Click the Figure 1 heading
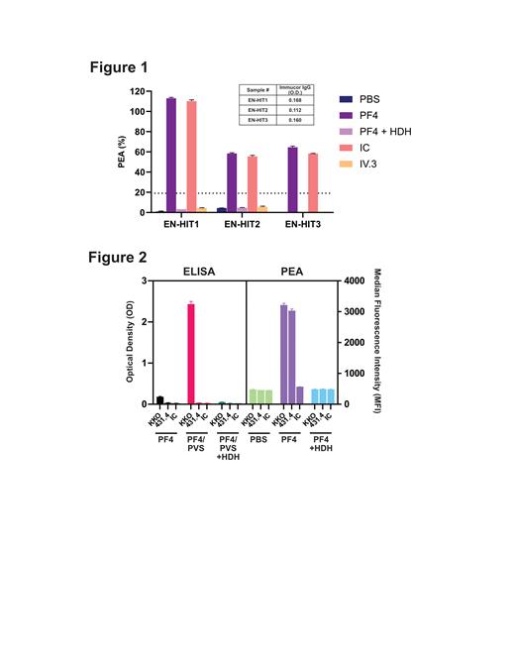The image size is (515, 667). coord(119,68)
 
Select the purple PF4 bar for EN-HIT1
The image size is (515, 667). coord(171,155)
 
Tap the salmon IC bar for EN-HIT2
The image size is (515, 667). coord(252,183)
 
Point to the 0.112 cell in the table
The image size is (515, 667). coord(295,109)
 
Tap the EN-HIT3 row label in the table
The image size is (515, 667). coord(257,119)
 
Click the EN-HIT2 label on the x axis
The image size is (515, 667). coord(243,225)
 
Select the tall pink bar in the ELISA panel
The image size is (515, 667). coord(191,354)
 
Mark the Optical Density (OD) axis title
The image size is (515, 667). coord(121,342)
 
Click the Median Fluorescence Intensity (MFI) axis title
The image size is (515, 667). coord(379,342)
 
